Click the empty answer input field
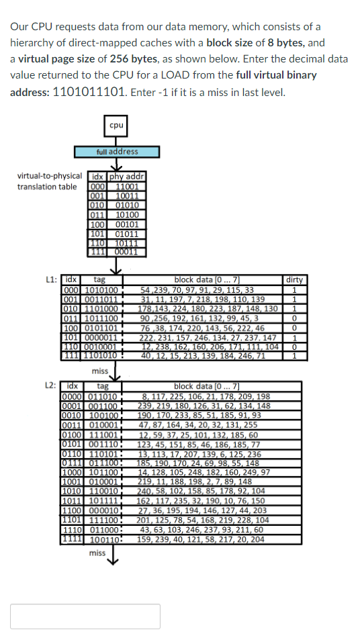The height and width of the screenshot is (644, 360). [x=85, y=616]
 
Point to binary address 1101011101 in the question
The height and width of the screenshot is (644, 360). [x=88, y=92]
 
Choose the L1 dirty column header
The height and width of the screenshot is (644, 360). [x=294, y=279]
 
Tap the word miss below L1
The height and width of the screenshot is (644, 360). [x=100, y=371]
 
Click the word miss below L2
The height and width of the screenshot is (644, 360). [x=97, y=553]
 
